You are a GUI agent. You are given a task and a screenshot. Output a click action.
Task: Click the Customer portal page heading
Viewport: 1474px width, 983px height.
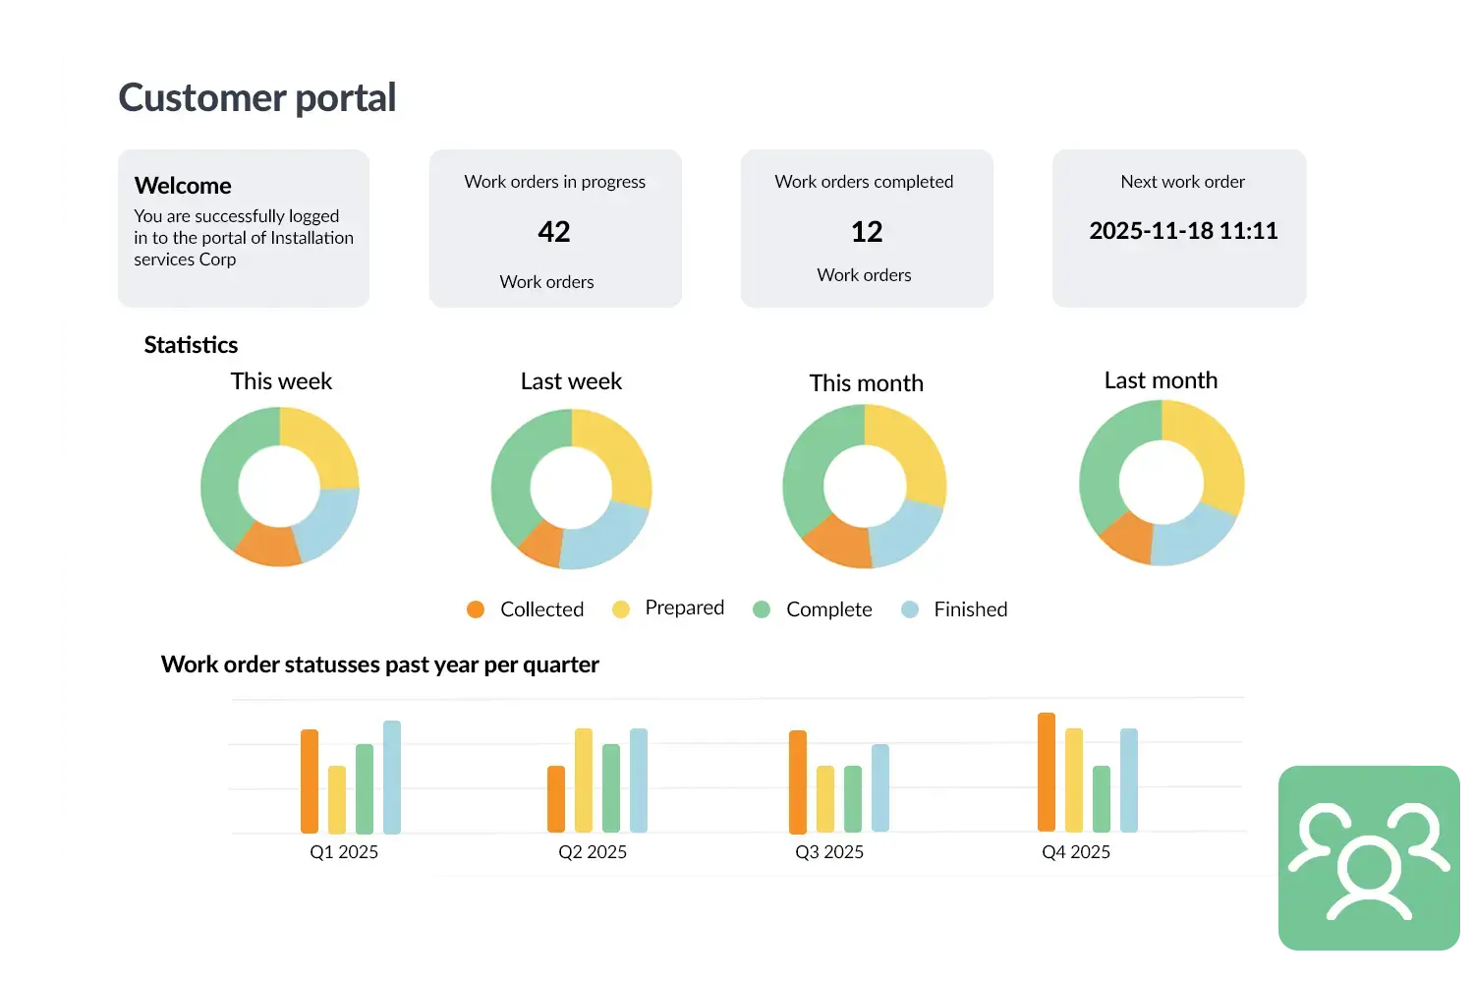pos(256,97)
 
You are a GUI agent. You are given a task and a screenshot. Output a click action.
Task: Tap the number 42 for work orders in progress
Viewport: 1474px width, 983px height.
pos(554,232)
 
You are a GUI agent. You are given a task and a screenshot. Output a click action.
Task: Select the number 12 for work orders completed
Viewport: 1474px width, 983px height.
pos(867,232)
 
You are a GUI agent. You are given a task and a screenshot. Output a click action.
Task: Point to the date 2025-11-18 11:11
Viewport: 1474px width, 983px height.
pos(1183,231)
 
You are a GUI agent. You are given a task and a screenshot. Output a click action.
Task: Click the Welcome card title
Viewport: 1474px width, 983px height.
pos(183,186)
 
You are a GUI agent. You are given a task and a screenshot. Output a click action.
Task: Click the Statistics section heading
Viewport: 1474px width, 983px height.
pos(191,345)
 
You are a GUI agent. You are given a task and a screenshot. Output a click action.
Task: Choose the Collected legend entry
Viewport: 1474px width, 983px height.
pos(526,609)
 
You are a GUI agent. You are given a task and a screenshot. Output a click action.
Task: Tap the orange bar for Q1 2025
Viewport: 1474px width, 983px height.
pos(310,781)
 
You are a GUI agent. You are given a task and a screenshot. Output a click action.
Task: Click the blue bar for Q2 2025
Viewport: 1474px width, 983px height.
pos(639,781)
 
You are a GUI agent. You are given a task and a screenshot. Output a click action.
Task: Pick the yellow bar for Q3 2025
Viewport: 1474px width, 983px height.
pos(825,798)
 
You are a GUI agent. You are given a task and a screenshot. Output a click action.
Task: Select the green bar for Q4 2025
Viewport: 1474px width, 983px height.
pos(1102,798)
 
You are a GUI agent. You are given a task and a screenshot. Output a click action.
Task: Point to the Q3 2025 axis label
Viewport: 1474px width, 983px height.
pos(829,852)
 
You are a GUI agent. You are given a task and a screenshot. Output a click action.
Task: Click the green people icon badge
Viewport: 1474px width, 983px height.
pos(1369,857)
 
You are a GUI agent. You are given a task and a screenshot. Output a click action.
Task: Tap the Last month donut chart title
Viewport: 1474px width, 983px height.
pos(1161,380)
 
